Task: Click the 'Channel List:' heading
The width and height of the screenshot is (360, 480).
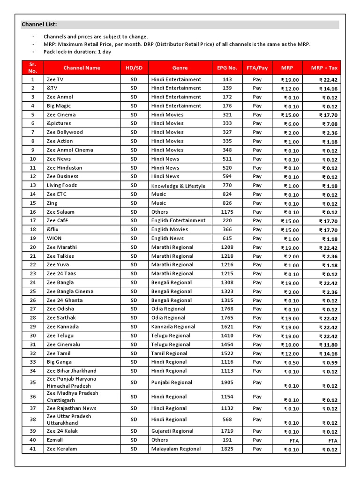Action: pos(39,25)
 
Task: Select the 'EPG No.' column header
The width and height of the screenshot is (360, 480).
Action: pos(227,67)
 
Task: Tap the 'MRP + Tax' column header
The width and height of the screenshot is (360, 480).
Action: pos(322,68)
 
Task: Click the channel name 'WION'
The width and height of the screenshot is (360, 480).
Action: pos(54,238)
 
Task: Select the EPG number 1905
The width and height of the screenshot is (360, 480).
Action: pos(227,382)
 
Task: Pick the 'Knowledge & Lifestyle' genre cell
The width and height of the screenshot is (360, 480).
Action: pos(178,186)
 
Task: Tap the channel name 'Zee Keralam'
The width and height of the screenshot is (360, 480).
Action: pos(61,449)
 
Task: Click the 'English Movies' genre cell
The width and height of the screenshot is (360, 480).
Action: pos(169,229)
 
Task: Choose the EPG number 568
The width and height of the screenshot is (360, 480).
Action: pos(227,420)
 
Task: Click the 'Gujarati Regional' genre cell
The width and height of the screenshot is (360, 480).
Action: pos(172,431)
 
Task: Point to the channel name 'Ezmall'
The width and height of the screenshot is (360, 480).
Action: pos(55,440)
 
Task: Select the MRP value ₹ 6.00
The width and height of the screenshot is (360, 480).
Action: pos(291,124)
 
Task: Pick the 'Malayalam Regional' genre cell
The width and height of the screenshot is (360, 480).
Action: pos(176,449)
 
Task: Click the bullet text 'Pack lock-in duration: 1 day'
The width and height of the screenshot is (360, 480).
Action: pos(77,52)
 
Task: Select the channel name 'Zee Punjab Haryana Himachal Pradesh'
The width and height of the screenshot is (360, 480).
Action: pos(71,382)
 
